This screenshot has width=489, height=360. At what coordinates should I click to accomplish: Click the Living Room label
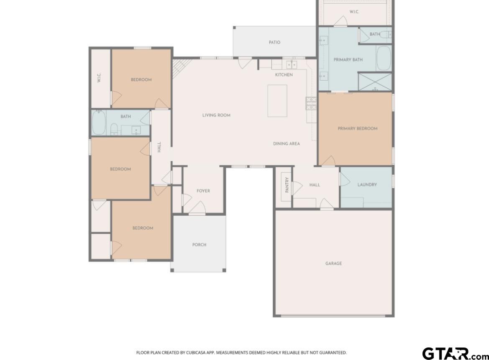216,115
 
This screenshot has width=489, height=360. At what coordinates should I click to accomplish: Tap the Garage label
333,263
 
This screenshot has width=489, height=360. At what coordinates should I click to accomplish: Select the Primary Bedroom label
357,128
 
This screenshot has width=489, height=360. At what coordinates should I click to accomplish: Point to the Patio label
274,42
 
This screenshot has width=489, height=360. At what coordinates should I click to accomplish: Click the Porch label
199,245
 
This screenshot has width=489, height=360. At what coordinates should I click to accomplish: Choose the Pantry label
287,185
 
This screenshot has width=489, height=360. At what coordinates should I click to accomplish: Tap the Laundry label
367,184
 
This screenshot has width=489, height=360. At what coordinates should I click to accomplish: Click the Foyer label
203,191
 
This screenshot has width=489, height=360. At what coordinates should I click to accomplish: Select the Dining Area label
286,144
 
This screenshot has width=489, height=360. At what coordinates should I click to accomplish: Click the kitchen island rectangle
277,101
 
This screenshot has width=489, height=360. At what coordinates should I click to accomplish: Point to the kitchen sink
292,64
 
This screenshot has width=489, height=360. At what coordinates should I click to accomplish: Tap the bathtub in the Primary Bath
384,58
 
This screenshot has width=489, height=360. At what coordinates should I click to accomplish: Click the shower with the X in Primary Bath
374,82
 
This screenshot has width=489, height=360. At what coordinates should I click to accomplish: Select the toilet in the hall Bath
114,129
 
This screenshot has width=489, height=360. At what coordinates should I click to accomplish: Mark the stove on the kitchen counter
311,103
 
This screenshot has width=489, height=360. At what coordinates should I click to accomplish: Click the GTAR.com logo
455,353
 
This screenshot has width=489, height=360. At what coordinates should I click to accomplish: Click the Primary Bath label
348,59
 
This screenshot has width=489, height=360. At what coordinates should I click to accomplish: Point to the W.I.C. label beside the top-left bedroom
99,78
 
